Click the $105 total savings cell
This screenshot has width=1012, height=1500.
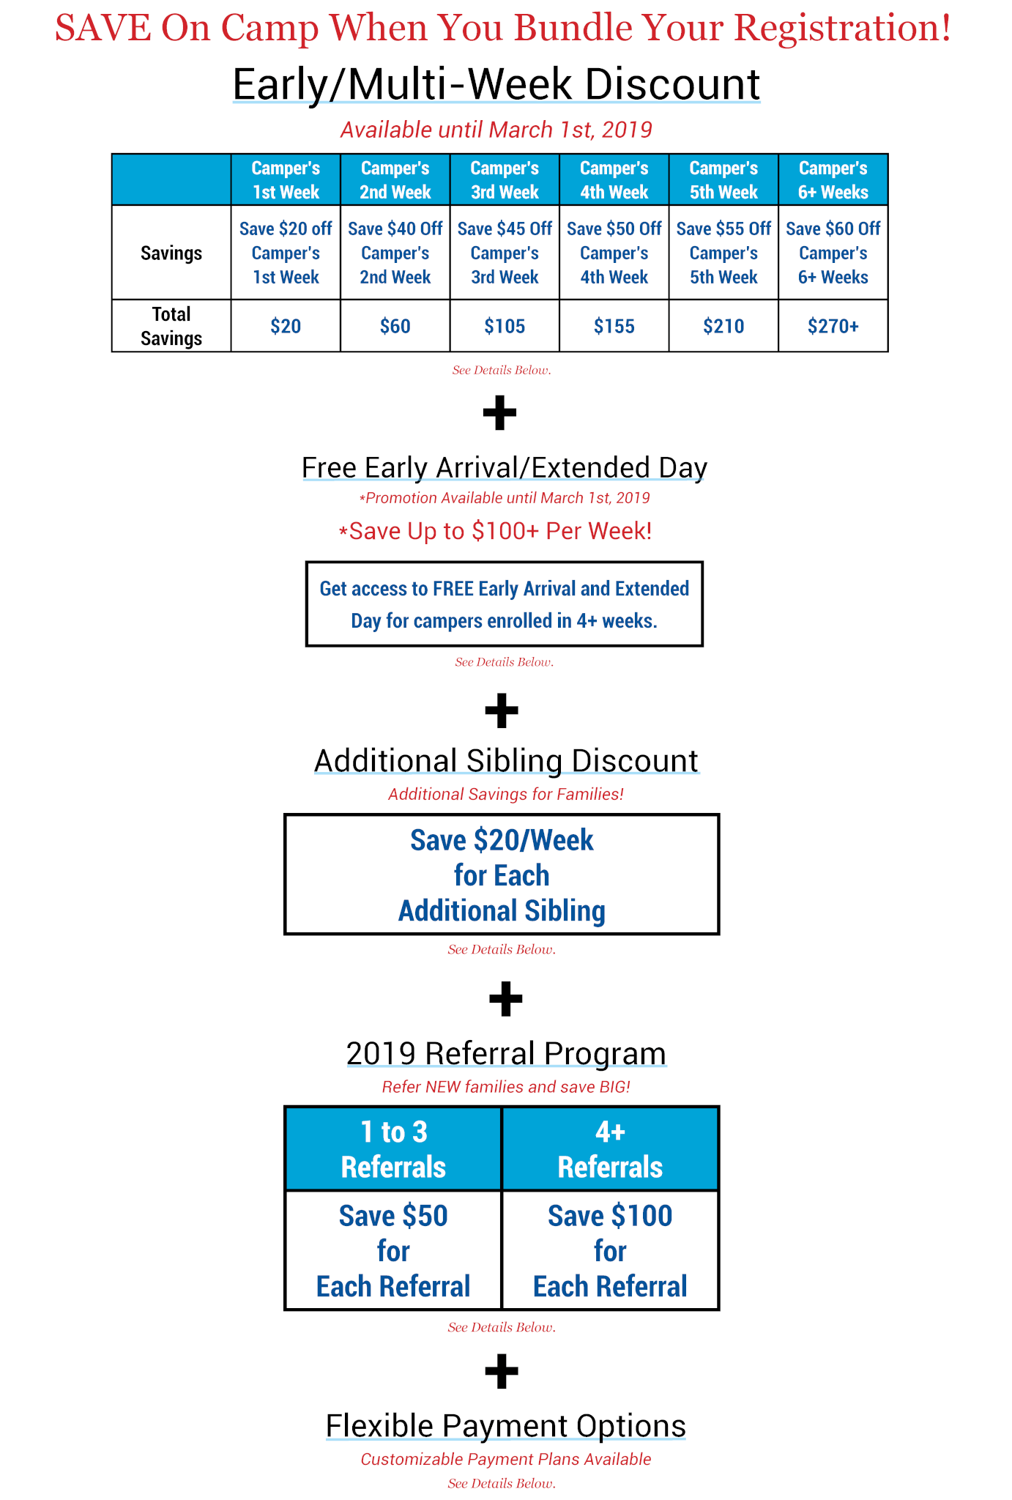(505, 326)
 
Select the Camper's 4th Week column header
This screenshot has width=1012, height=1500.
(614, 179)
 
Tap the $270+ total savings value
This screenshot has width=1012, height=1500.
(833, 326)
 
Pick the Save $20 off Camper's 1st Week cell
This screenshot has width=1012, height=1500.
(286, 253)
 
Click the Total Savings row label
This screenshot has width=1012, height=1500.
(171, 326)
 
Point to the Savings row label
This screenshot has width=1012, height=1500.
(171, 253)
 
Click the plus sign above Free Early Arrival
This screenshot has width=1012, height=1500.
(500, 413)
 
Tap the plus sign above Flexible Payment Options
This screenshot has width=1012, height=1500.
(502, 1371)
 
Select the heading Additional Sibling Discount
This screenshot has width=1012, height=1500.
(506, 760)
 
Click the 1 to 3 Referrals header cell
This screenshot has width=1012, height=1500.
(393, 1148)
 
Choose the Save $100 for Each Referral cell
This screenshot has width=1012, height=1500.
(610, 1250)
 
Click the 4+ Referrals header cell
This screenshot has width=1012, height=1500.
(610, 1148)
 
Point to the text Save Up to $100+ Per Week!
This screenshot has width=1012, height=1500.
(496, 530)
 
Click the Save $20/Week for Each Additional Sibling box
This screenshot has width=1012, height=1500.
(502, 875)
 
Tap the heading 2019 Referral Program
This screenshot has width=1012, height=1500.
(506, 1053)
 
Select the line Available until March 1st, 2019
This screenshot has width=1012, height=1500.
(496, 130)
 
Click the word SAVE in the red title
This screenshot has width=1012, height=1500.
(103, 28)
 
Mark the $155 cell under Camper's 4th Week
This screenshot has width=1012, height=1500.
(614, 326)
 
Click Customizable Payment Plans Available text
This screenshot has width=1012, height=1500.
(505, 1459)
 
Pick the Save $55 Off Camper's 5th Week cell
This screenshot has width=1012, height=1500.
(723, 253)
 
